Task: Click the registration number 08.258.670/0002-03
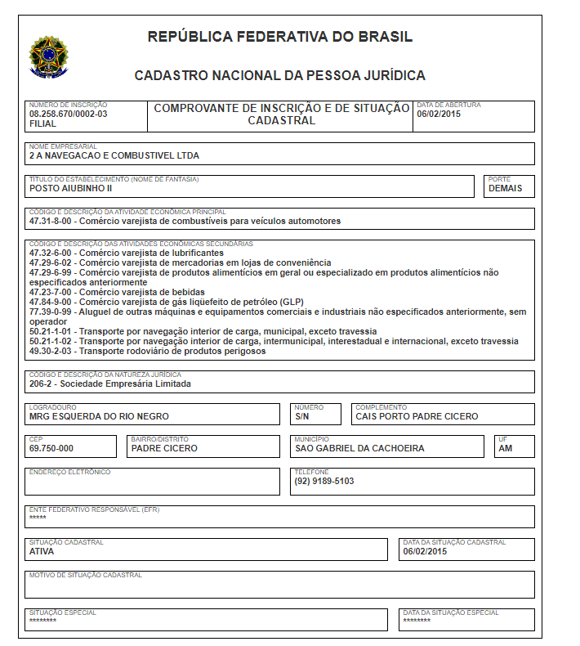tap(68, 114)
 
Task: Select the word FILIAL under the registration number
tap(42, 123)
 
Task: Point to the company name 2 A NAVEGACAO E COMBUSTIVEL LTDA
tap(114, 155)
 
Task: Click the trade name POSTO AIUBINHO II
tap(70, 188)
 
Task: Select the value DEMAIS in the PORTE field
tap(506, 188)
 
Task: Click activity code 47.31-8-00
tap(51, 221)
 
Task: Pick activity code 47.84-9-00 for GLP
tap(51, 302)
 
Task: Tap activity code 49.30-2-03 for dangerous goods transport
tap(51, 351)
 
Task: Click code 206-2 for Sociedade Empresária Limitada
tap(41, 384)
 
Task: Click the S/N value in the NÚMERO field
tap(303, 416)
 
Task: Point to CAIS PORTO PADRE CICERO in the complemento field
tap(417, 416)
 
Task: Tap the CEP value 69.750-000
tap(51, 448)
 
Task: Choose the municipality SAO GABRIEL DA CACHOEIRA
tap(359, 448)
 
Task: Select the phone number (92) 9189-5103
tap(324, 481)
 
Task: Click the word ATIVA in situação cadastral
tap(42, 551)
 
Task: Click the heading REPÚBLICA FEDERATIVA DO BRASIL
tap(280, 37)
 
